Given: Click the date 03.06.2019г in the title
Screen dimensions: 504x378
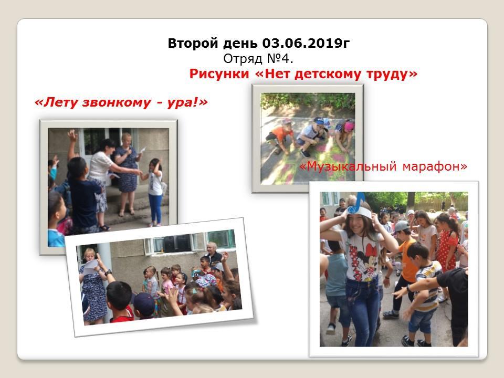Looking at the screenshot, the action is (x=306, y=43).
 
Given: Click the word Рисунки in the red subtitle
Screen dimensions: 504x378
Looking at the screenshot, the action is (x=219, y=74).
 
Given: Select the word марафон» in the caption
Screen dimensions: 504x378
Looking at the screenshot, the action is (x=435, y=166).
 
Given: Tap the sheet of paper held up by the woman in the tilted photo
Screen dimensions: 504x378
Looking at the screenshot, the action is (x=91, y=267).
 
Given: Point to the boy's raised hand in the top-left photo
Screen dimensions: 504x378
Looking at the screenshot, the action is (x=72, y=135).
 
